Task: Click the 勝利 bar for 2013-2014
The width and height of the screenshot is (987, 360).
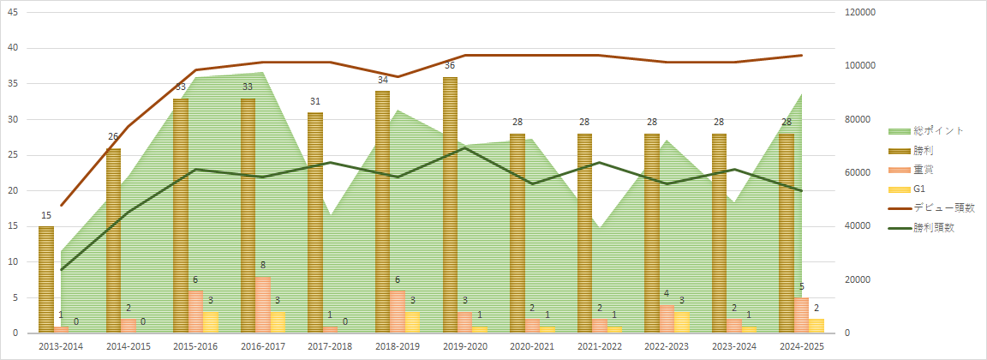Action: point(46,279)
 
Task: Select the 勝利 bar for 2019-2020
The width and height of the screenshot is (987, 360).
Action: point(451,205)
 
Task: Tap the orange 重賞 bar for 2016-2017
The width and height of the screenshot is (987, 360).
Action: point(263,304)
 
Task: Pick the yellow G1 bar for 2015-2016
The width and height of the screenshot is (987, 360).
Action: point(211,322)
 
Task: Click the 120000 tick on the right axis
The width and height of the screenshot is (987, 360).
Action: point(859,13)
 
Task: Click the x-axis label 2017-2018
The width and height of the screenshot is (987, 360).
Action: point(331,346)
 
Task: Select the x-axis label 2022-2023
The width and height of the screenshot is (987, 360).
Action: point(667,346)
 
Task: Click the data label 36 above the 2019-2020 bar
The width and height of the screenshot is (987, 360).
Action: point(450,66)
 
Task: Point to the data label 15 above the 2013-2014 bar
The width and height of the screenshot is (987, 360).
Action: point(46,216)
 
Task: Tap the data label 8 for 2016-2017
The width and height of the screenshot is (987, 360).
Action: point(263,266)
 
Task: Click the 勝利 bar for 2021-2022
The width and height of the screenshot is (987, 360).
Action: point(585,233)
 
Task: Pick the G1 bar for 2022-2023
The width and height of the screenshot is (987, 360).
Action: point(683,322)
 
